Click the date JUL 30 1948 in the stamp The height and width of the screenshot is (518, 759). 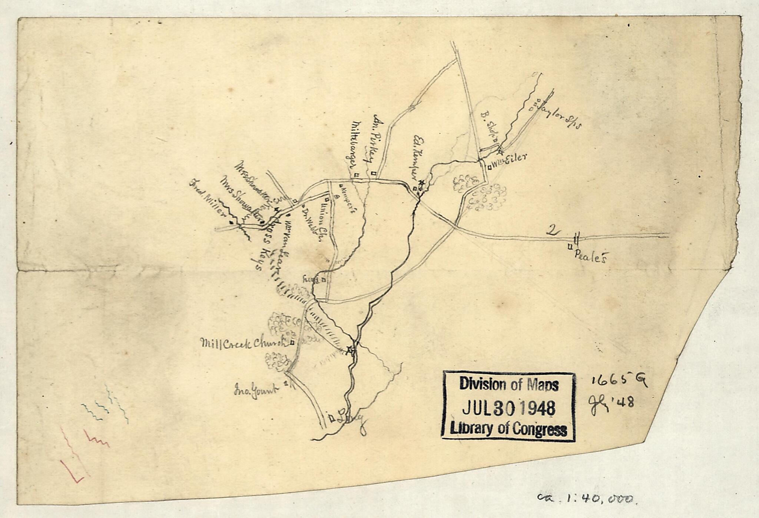coord(509,407)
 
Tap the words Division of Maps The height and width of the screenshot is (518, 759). coord(509,385)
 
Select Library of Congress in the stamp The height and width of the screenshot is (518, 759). coord(508,430)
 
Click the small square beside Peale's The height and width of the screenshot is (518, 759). coord(570,246)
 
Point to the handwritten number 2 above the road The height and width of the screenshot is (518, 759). coord(553,230)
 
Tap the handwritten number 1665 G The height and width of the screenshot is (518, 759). coord(619,380)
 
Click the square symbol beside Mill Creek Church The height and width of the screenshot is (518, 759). coord(292,343)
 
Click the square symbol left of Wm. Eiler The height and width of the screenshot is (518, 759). coord(489,167)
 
